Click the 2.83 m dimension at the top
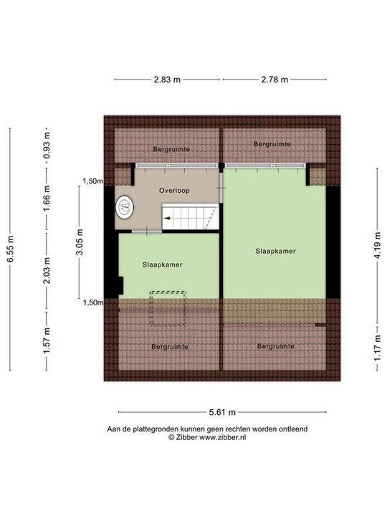coord(166,80)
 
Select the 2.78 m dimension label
coord(273,80)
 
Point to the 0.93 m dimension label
coord(47,145)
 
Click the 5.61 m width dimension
coord(221,413)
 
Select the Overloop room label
coord(174,191)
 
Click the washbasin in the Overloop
coord(125,207)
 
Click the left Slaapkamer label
coord(163,264)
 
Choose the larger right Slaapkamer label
coord(276,252)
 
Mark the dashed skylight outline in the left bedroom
coord(168,307)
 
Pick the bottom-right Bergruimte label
coord(275,346)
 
